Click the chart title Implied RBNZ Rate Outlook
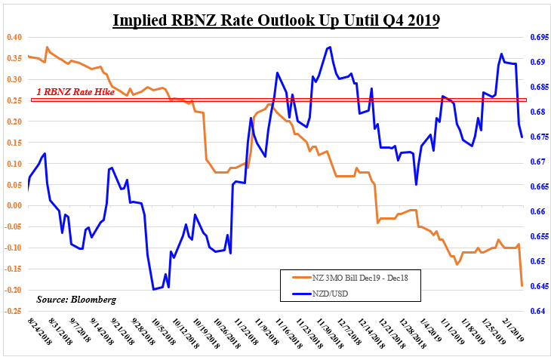coord(275,17)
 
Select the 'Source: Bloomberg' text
coord(76,300)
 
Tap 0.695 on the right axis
coord(537,37)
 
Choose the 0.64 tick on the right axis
coord(534,311)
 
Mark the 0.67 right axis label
coord(534,162)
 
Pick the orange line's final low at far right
coord(521,286)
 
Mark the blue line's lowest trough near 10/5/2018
coord(153,289)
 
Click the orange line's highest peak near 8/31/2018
coord(48,47)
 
